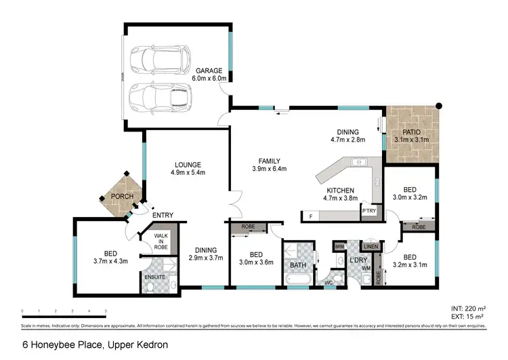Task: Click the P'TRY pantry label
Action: pyautogui.click(x=368, y=211)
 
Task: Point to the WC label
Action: pyautogui.click(x=327, y=283)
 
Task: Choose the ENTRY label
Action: pyautogui.click(x=163, y=216)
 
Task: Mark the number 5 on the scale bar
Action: pyautogui.click(x=106, y=311)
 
